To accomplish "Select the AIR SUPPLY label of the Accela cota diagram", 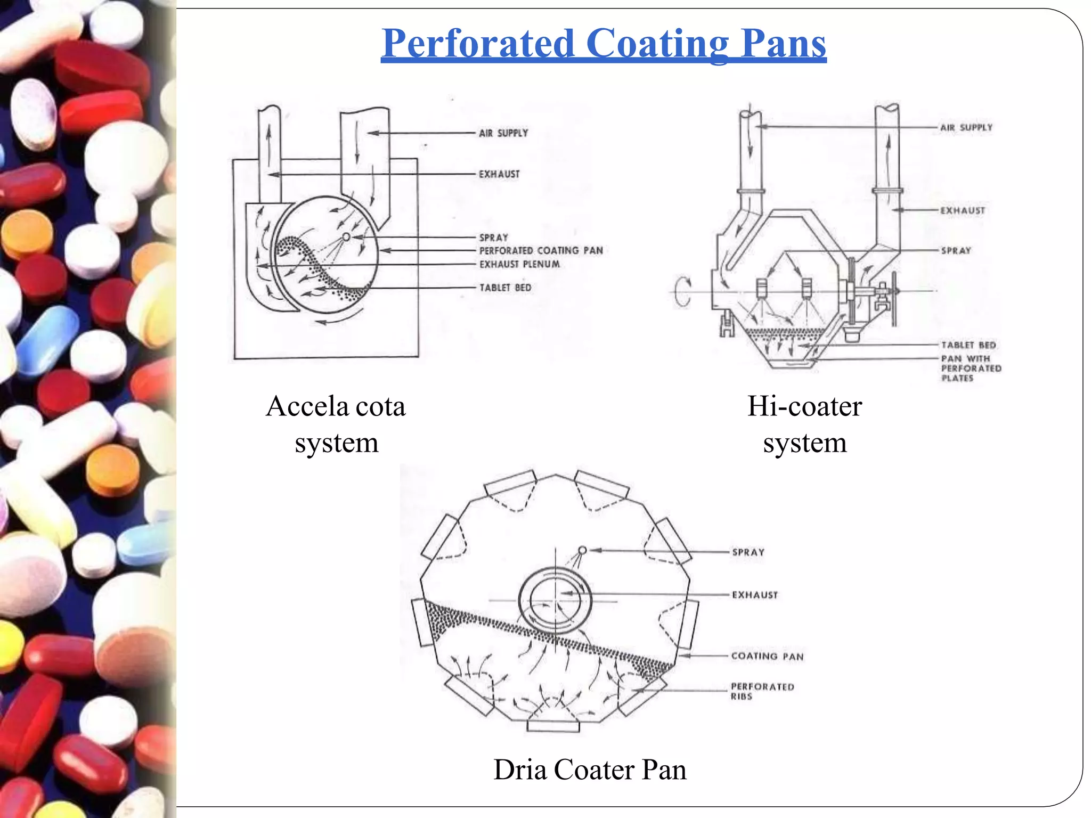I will pos(503,133).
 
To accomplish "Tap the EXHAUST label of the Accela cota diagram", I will pos(499,174).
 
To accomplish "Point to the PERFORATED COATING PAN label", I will pos(541,250).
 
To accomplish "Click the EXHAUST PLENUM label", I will pos(519,264).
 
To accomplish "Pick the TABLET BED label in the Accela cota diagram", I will pos(505,288).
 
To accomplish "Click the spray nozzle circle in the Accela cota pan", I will pos(346,236).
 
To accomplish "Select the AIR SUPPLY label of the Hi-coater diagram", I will pos(966,128).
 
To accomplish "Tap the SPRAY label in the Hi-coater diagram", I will pos(956,250).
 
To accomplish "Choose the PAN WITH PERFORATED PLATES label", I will pos(971,369).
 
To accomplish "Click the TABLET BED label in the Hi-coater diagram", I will pos(968,345).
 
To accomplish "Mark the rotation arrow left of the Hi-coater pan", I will pos(682,291).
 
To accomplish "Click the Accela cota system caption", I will pos(336,424).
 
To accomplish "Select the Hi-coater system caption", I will pos(804,424).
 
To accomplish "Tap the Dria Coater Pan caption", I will pos(590,770).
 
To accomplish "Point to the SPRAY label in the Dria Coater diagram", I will pos(748,552).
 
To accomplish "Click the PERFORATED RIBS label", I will pos(762,691).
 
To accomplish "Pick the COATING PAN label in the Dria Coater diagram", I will pos(767,656).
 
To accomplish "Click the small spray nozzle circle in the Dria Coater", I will pos(582,550).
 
